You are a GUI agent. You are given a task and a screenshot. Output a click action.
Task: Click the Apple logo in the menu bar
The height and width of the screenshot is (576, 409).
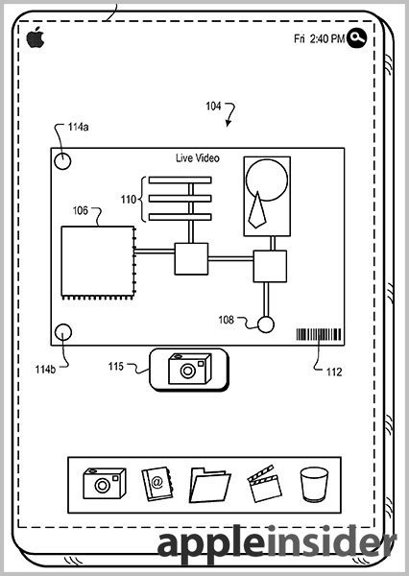pos(36,37)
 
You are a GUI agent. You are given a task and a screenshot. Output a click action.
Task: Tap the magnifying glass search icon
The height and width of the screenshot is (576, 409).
pos(356,37)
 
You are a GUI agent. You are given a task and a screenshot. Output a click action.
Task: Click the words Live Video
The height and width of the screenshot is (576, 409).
pos(198,158)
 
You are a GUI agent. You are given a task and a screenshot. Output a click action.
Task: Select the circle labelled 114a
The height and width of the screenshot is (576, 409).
pos(62,161)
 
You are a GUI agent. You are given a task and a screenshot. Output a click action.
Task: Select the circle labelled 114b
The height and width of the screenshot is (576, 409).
pos(63,332)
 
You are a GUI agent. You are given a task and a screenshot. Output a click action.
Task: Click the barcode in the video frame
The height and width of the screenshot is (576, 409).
pos(319,335)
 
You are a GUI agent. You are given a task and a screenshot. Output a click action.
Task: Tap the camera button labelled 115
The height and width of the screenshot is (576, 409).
pos(189,370)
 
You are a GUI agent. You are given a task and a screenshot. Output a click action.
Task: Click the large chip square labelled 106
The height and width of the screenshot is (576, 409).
pos(98,262)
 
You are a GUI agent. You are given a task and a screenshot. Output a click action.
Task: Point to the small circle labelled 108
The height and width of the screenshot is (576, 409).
pos(266,324)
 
